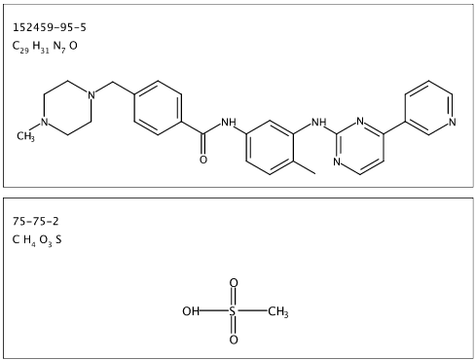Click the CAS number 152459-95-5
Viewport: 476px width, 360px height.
[x=50, y=27]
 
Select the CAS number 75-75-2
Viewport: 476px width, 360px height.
[x=36, y=222]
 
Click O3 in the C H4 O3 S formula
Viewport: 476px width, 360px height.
[x=46, y=240]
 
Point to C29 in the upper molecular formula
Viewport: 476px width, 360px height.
[x=20, y=47]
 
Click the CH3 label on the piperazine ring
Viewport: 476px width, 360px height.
[x=25, y=136]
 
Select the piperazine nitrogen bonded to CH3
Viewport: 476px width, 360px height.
[x=44, y=123]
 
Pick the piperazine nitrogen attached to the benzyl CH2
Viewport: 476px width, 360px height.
[x=92, y=95]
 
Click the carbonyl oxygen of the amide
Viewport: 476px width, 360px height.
[x=203, y=160]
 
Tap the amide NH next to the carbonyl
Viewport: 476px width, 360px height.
[x=229, y=123]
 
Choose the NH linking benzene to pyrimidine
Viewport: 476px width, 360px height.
[x=318, y=123]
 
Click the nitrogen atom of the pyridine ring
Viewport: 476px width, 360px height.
[x=453, y=122]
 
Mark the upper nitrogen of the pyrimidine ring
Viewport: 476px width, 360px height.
[x=360, y=121]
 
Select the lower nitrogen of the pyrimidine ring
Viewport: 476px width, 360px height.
[x=337, y=162]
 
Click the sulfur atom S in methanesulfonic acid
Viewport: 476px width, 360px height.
[x=233, y=311]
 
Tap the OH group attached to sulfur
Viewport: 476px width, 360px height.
[x=191, y=311]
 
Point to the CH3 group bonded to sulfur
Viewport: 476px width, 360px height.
[x=278, y=312]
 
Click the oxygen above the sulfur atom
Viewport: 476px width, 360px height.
[x=234, y=283]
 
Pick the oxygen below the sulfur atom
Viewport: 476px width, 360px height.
[x=234, y=340]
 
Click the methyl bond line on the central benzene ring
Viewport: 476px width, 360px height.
[x=305, y=167]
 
